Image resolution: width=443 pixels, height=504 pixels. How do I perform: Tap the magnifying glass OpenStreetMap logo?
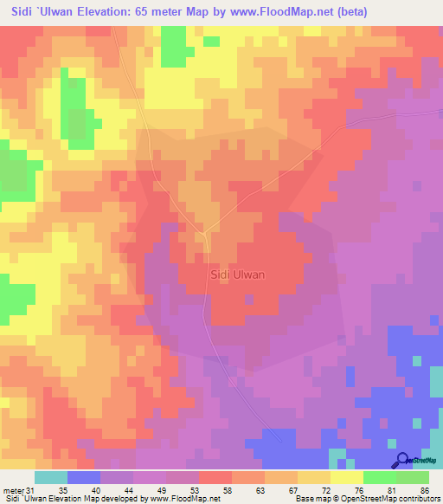pos(402,460)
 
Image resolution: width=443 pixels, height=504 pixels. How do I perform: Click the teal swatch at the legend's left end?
pos(51,477)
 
